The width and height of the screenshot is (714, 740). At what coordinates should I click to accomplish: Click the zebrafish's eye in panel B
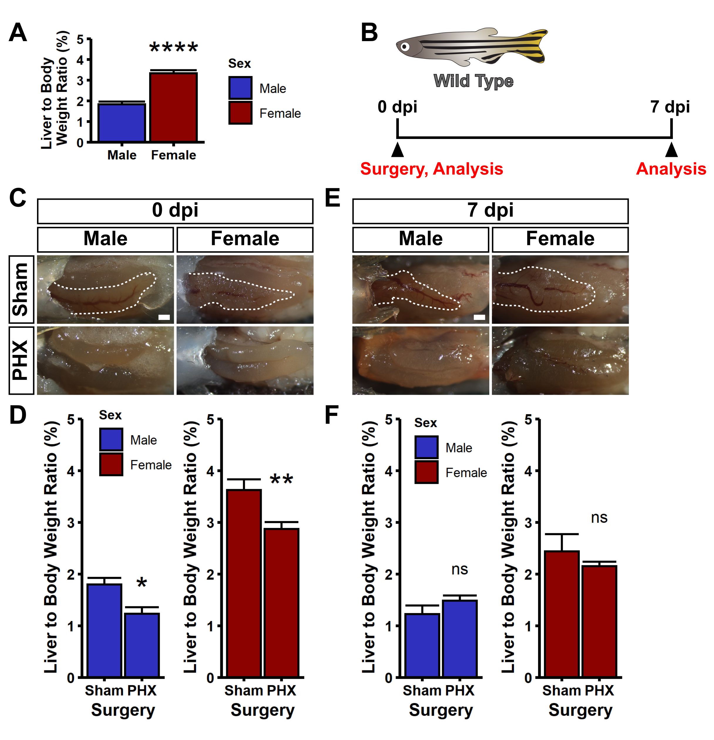coord(404,47)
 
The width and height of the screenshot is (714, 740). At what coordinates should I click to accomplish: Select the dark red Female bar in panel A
coord(173,107)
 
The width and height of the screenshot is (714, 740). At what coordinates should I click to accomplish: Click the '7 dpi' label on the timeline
coord(670,107)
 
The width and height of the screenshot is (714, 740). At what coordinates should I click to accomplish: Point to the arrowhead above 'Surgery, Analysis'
coord(397,150)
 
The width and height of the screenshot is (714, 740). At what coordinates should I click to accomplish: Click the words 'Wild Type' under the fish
coord(473,81)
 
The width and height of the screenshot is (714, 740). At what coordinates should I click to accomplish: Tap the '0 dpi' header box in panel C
coord(175,211)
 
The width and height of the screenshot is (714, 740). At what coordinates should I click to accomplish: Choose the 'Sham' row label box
coord(21,289)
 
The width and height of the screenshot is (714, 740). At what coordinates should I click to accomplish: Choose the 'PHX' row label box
coord(21,360)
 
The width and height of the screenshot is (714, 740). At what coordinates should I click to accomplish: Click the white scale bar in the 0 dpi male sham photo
coord(164,317)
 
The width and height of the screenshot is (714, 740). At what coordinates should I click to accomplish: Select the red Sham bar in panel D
coord(244,583)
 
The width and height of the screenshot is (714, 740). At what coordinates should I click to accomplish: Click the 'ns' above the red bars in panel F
coord(599,518)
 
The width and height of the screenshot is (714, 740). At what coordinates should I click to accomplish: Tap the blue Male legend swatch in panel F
coord(426,447)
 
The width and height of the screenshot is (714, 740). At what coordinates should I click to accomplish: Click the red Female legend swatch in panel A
coord(240,113)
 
